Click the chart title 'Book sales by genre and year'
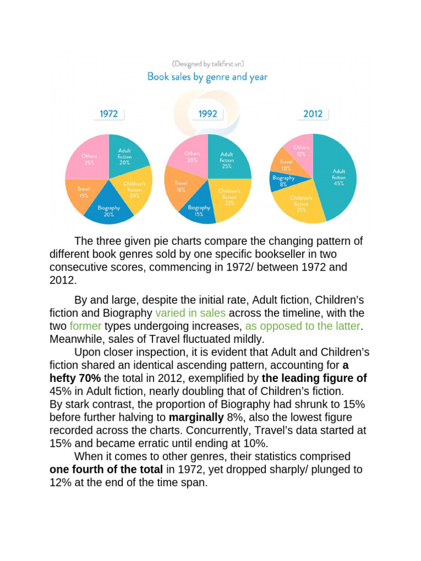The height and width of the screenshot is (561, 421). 207,77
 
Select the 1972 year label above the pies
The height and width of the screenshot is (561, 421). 109,114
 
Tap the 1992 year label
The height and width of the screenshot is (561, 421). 208,114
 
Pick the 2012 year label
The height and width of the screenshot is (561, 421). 312,114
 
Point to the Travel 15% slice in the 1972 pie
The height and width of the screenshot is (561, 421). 81,192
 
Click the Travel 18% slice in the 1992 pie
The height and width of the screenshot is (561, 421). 181,187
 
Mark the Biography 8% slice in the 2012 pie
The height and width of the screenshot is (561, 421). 282,181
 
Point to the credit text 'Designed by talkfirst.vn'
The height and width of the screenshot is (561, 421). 207,64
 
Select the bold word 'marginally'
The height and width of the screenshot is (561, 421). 192,417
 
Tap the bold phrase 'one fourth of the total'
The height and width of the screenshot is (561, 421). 106,470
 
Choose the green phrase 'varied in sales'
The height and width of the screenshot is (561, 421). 190,313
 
